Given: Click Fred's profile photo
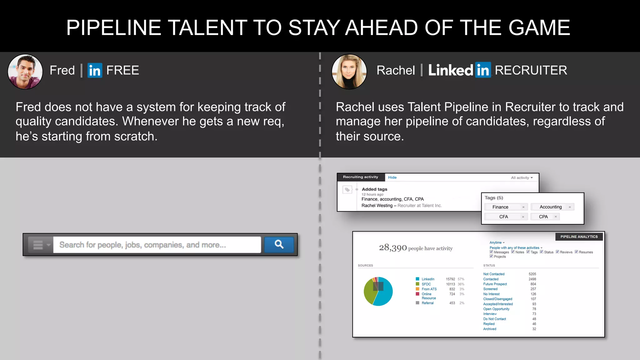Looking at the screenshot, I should [x=25, y=71].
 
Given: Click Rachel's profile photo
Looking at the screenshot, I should [x=349, y=71].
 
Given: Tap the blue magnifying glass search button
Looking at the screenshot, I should [x=279, y=244].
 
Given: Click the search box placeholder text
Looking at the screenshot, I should [x=142, y=245].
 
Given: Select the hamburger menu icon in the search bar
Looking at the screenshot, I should [x=38, y=245].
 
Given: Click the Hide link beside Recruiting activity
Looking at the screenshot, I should [x=392, y=177].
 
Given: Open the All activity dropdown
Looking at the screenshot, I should [x=522, y=178].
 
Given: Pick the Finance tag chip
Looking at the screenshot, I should [x=500, y=207].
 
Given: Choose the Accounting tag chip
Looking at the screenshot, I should [x=550, y=207].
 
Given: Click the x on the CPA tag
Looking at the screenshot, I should [x=556, y=217].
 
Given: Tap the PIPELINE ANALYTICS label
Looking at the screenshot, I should [x=579, y=237].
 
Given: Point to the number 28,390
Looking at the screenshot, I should [x=393, y=248].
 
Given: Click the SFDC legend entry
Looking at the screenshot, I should [x=426, y=284].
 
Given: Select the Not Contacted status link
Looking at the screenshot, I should [x=494, y=274].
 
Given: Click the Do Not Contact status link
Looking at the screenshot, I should [x=494, y=319].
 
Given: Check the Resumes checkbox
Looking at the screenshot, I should [x=577, y=252].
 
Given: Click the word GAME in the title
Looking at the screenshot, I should [x=539, y=27].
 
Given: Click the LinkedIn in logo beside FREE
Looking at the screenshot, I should [x=95, y=70].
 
